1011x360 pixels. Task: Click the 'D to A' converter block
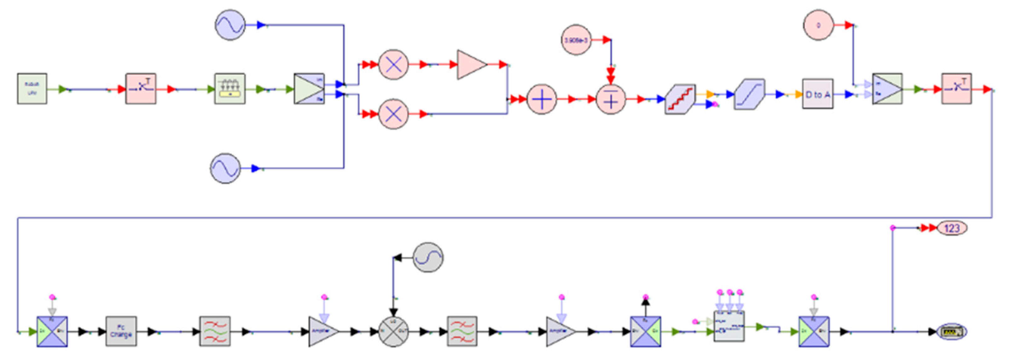pos(817,94)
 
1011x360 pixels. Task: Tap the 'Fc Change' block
pos(121,332)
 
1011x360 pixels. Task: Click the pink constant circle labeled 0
pos(818,25)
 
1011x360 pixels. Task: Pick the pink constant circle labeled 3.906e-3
pos(576,40)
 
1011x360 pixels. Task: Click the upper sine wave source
pos(230,25)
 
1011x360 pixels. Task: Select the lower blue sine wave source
pos(225,168)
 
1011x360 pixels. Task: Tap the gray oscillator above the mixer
pos(428,258)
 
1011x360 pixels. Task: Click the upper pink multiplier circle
pos(393,65)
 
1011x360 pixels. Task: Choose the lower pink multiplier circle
pos(393,114)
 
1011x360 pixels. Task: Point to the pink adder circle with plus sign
pos(541,99)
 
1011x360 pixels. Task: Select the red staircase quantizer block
pos(680,99)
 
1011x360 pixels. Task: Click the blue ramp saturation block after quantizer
pos(749,95)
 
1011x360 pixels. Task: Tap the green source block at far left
pos(32,89)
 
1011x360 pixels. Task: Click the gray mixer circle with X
pos(393,332)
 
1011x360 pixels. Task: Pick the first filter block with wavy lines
pos(215,332)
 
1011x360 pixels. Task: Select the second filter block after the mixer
pos(462,332)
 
